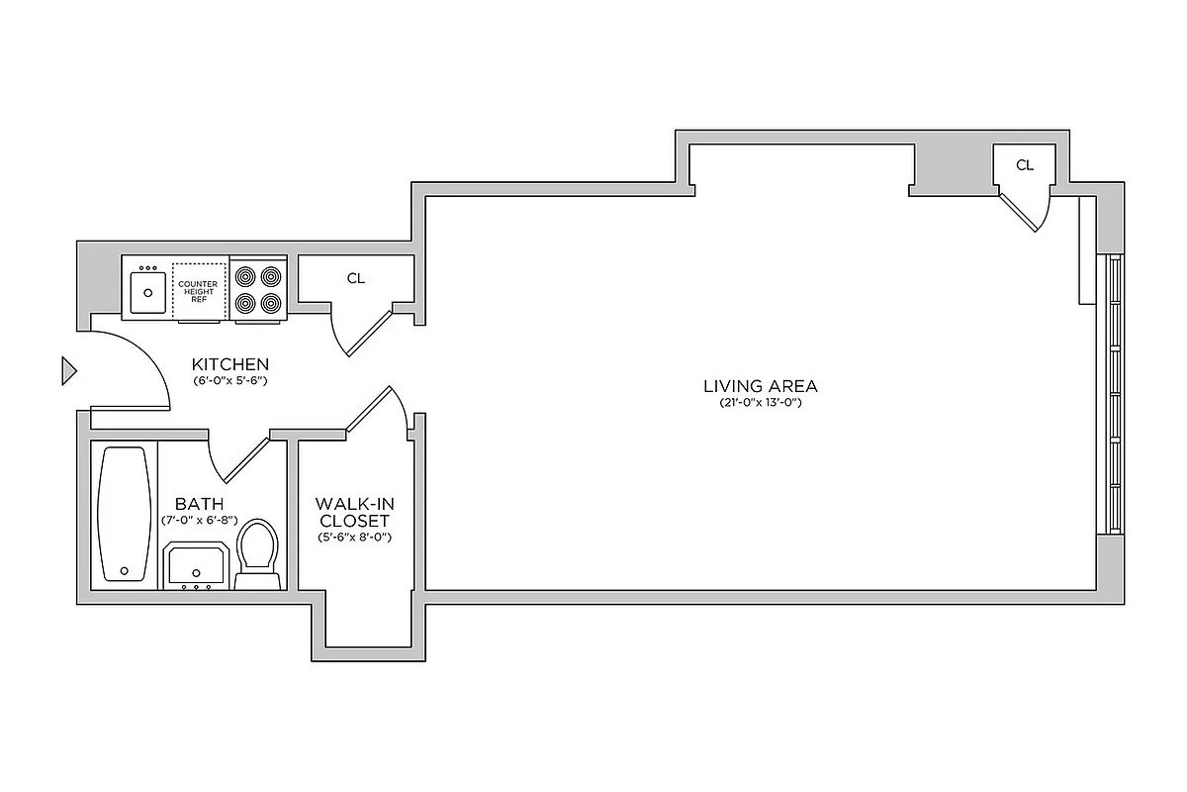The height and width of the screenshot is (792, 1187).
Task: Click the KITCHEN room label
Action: coord(229,364)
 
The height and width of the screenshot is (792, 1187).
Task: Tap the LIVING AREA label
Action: coord(761,386)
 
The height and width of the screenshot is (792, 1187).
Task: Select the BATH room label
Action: coord(199,503)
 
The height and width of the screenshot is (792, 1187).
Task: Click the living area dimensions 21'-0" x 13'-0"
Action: coord(760,403)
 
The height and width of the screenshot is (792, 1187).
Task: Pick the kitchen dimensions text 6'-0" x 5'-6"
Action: coord(230,380)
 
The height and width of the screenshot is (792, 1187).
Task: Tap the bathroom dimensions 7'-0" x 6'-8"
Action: coord(200,520)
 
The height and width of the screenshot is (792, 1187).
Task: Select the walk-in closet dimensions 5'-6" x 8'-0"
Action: coord(353,537)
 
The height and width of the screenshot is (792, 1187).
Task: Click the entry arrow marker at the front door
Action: coord(68,370)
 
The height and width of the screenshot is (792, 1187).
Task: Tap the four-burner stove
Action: coord(258,289)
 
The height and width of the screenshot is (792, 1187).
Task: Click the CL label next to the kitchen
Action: coord(355,279)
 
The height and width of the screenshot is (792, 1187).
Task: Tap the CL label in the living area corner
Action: coord(1025,165)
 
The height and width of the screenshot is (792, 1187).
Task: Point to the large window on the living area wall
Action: coord(1114,395)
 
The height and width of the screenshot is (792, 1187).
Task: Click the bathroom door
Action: coord(237,458)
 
